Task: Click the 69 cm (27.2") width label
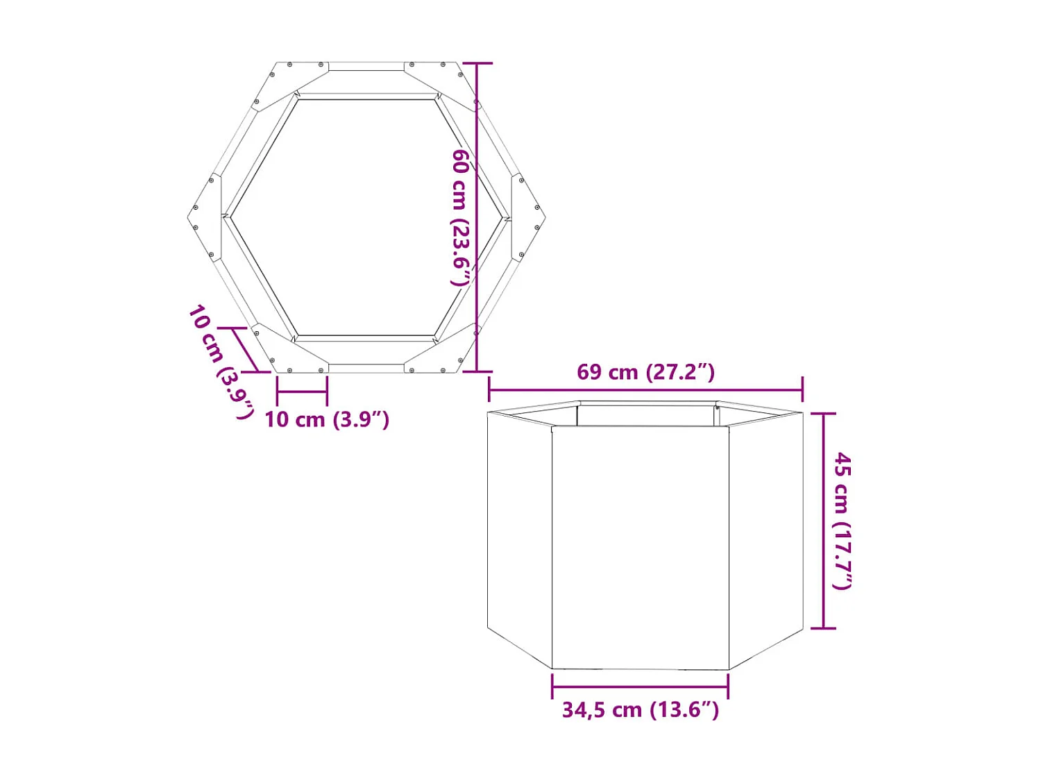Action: (645, 372)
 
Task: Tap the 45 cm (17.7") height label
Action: (842, 521)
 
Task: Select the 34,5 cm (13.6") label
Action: (640, 709)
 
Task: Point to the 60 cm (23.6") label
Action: (461, 217)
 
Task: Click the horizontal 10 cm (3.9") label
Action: (326, 419)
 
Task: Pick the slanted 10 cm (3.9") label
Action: (221, 361)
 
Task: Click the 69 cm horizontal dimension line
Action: (645, 390)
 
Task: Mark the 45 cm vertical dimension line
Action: (823, 521)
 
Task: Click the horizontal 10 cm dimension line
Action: (302, 392)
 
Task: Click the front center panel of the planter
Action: (640, 548)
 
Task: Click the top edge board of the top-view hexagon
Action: (366, 67)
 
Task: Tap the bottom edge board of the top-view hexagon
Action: (366, 368)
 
